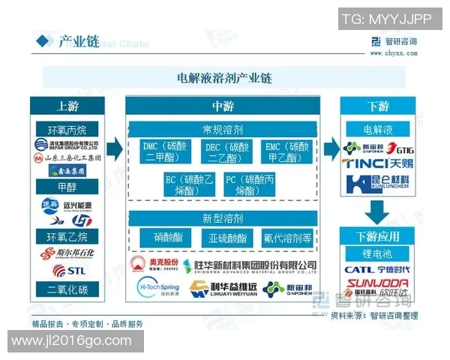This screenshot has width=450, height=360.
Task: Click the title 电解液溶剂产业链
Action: tap(223, 77)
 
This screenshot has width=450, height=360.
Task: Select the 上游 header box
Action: tap(67, 106)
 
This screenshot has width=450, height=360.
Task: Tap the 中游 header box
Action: tap(223, 106)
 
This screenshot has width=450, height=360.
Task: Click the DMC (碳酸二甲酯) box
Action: tap(163, 152)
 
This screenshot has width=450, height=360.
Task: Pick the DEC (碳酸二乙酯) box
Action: tap(226, 152)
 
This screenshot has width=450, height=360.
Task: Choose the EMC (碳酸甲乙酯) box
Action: tap(287, 152)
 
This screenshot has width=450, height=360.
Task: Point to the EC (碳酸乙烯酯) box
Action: tap(189, 184)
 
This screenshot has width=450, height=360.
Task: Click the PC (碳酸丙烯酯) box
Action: tap(251, 184)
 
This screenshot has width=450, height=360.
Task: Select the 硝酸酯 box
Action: tap(168, 238)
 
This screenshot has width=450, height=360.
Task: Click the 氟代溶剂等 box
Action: tap(287, 238)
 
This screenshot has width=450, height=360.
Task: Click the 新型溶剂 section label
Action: tap(223, 218)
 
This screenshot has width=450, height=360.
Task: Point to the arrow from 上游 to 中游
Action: tap(113, 148)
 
